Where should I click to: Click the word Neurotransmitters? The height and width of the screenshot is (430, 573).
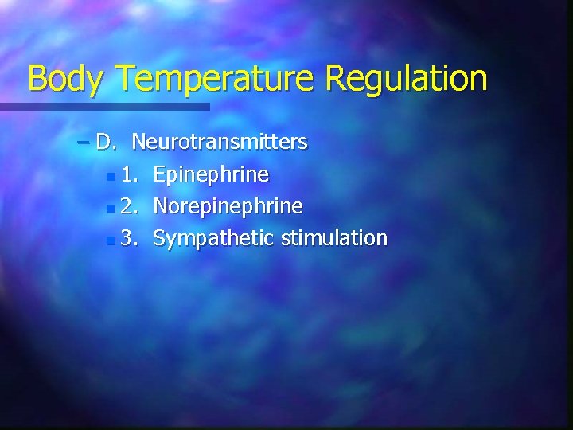(220, 143)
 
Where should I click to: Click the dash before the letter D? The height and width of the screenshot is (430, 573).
(84, 143)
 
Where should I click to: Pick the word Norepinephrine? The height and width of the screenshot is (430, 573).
(228, 206)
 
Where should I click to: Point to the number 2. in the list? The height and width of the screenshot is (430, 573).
(131, 206)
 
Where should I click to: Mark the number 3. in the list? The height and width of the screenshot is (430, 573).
(131, 238)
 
